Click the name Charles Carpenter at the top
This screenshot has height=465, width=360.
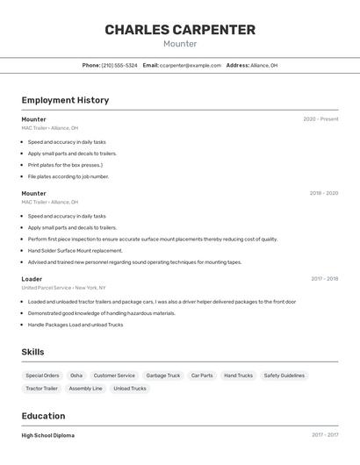pyautogui.click(x=180, y=30)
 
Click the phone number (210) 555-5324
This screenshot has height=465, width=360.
pyautogui.click(x=119, y=65)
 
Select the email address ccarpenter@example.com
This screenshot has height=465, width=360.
pyautogui.click(x=191, y=65)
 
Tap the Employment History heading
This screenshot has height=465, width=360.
pyautogui.click(x=65, y=100)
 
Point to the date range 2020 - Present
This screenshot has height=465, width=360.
pyautogui.click(x=320, y=118)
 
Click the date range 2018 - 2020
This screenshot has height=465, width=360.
pyautogui.click(x=323, y=193)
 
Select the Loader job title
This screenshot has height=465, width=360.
pyautogui.click(x=32, y=279)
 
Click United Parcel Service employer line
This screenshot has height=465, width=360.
pyautogui.click(x=63, y=288)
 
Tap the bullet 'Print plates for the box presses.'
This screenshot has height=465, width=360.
pyautogui.click(x=65, y=165)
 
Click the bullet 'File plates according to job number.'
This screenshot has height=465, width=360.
pyautogui.click(x=68, y=176)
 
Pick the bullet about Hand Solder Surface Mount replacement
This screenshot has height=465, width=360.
pyautogui.click(x=76, y=250)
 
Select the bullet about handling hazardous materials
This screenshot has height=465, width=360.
pyautogui.click(x=102, y=313)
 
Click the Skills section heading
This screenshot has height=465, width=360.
pyautogui.click(x=33, y=352)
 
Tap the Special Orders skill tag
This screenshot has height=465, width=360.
pyautogui.click(x=42, y=376)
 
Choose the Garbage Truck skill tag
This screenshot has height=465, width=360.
pyautogui.click(x=162, y=376)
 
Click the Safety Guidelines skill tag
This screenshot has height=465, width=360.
pyautogui.click(x=284, y=376)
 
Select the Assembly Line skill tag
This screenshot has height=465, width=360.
pyautogui.click(x=85, y=388)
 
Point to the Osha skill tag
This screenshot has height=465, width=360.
pyautogui.click(x=76, y=376)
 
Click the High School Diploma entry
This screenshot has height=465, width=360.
pyautogui.click(x=48, y=435)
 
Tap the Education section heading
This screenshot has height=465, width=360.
pyautogui.click(x=43, y=416)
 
